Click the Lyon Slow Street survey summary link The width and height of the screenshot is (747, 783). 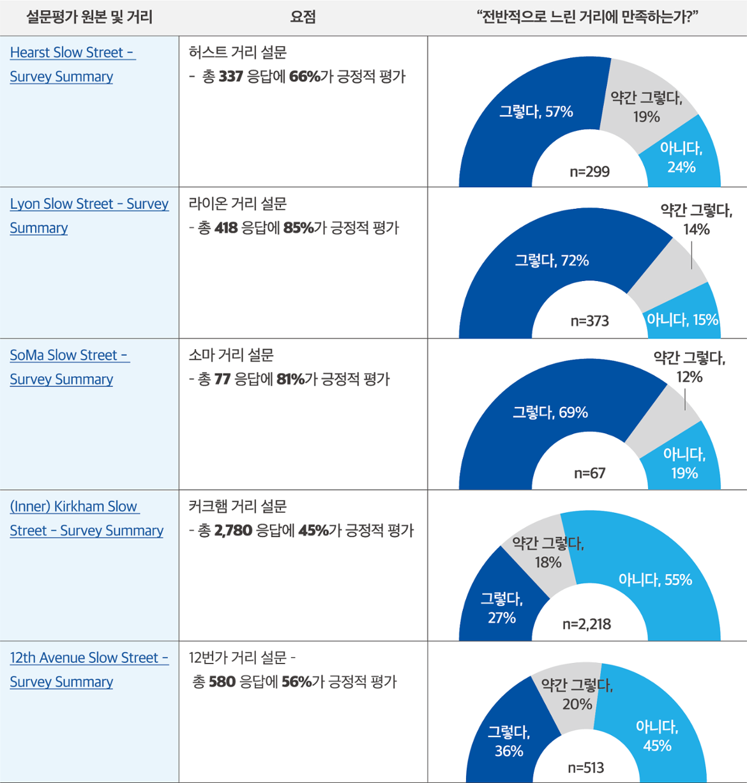[x=89, y=204]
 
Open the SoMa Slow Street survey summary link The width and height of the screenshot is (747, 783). [x=69, y=356]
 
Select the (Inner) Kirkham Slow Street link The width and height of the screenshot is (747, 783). [x=74, y=507]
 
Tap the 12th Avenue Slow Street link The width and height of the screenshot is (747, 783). [x=89, y=658]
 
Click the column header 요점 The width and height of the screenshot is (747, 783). [x=303, y=17]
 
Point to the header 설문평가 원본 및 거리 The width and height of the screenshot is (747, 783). [x=89, y=17]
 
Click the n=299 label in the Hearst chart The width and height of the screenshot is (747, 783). [x=589, y=172]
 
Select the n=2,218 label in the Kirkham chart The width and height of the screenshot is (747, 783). [x=586, y=624]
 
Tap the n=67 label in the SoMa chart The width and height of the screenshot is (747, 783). [x=589, y=473]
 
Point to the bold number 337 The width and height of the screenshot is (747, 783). [x=230, y=77]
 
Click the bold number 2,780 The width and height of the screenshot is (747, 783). [x=233, y=531]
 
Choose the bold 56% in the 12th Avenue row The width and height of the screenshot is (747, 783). [x=296, y=682]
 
